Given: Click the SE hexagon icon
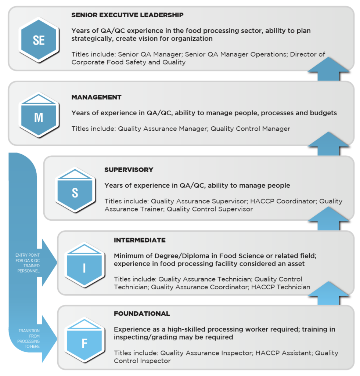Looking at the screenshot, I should (39, 40).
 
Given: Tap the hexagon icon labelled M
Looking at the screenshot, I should (39, 115).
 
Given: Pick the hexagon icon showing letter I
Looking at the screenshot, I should (84, 265).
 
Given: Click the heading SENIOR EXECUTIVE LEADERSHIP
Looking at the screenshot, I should (127, 15).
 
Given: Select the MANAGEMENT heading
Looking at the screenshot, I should (96, 97).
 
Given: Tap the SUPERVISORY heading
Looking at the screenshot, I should (129, 170).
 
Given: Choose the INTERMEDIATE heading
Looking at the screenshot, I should (140, 240).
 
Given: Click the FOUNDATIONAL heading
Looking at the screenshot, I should (142, 314).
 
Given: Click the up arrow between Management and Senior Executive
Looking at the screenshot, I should (328, 70).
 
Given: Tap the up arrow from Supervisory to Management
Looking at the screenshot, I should (328, 144).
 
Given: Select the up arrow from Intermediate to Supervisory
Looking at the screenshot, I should (328, 220).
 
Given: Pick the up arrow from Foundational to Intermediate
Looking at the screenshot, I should (328, 294).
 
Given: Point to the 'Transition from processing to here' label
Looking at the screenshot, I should (29, 339).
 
